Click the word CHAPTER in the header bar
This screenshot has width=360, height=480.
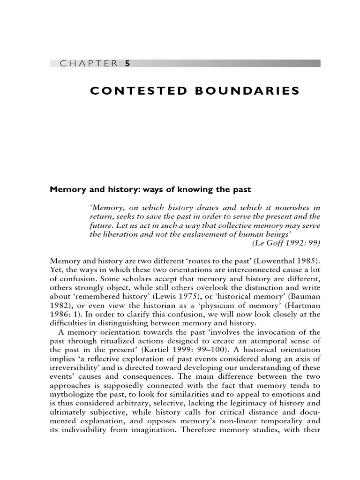pos(89,64)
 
